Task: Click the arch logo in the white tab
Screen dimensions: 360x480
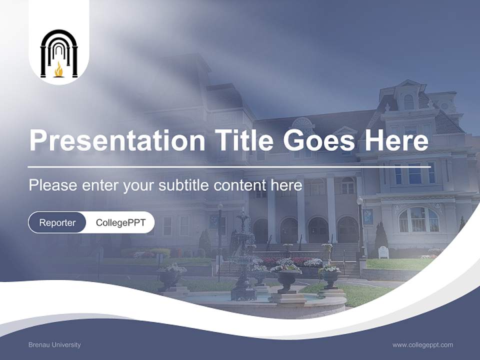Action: (59, 53)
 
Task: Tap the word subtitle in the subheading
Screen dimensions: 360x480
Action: (184, 185)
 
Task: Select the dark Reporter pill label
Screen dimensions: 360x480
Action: (57, 222)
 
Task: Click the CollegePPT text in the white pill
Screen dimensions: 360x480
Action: (120, 222)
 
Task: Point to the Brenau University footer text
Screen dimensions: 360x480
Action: (54, 345)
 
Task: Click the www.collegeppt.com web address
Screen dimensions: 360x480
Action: (422, 345)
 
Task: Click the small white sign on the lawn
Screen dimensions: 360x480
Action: (383, 252)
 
